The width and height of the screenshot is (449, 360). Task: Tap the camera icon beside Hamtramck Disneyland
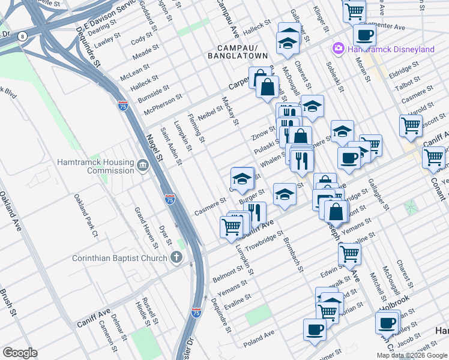[x=338, y=48]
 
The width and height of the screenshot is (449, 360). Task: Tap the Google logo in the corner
[x=19, y=353]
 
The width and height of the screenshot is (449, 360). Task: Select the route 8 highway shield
[x=23, y=37]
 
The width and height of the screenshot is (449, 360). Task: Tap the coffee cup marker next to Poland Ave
[x=315, y=329]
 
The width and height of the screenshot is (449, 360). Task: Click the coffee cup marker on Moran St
[x=364, y=34]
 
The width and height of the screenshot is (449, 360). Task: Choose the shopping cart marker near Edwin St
[x=349, y=253]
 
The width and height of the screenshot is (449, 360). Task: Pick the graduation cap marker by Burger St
[x=284, y=193]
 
